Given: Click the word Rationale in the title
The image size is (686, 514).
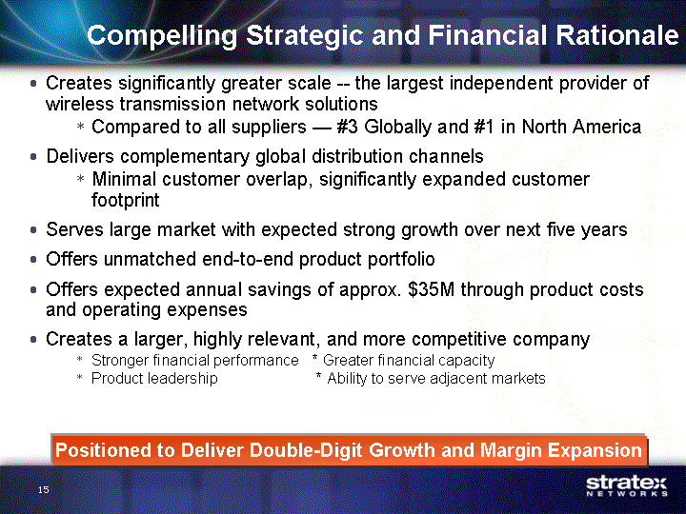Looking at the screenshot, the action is tap(616, 35).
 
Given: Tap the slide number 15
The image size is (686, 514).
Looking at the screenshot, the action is tap(43, 489).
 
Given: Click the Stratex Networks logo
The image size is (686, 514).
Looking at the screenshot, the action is tap(627, 486).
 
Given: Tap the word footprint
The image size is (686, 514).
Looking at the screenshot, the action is tap(125, 200).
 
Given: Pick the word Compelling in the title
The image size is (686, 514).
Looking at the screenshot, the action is tap(162, 36).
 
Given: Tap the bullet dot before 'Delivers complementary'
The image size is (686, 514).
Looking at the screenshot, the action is tap(33, 156).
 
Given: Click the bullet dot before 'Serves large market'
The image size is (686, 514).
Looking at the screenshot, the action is tap(33, 230).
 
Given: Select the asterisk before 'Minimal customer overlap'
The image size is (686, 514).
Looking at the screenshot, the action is tap(80, 178).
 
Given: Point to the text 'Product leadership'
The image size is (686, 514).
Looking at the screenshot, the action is tap(154, 379).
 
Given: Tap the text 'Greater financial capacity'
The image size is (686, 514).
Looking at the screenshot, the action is tap(409, 361).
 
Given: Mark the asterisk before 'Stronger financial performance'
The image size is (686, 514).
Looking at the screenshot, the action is tap(80, 359).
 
